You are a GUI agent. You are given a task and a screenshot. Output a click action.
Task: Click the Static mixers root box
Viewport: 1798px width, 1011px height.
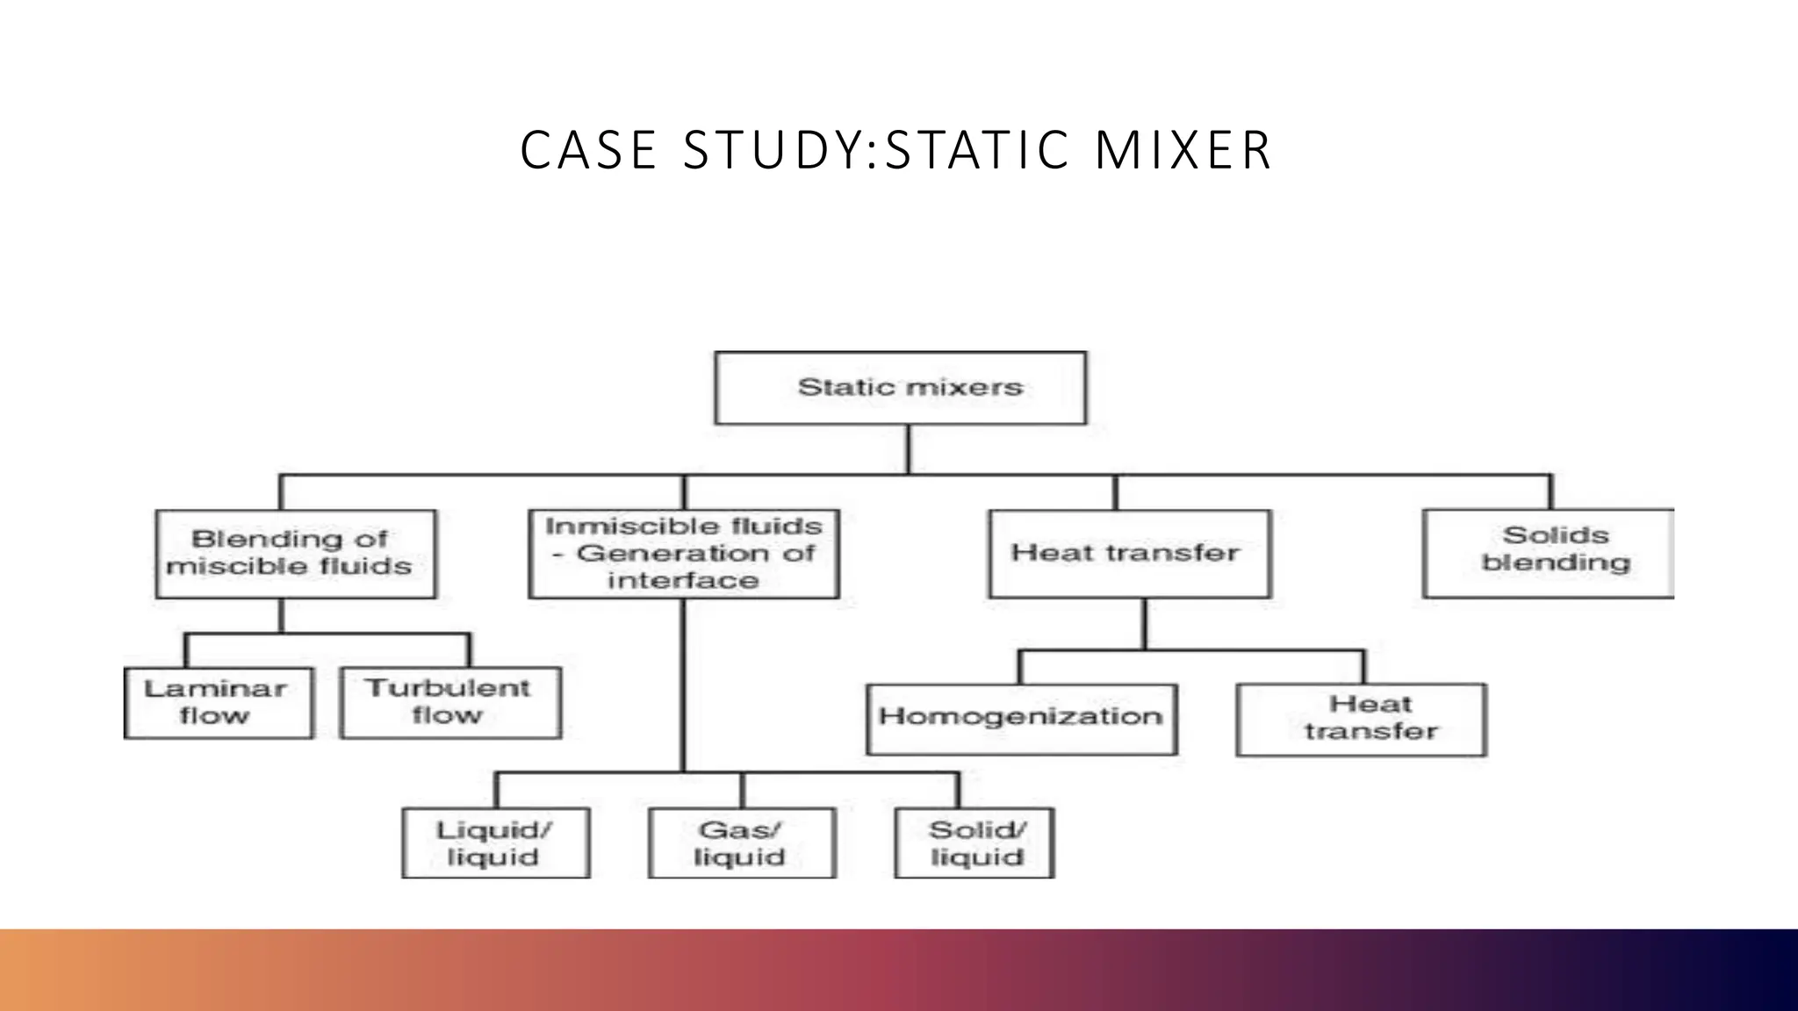pyautogui.click(x=900, y=388)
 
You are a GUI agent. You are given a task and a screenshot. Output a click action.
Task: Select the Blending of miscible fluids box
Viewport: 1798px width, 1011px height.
pyautogui.click(x=295, y=554)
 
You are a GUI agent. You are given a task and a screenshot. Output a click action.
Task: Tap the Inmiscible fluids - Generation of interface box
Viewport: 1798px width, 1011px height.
pyautogui.click(x=684, y=554)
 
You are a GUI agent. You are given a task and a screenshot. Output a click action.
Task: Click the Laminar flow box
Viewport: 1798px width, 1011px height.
pyautogui.click(x=218, y=703)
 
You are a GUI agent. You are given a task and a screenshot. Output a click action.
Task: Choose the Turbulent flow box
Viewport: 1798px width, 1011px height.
pyautogui.click(x=449, y=703)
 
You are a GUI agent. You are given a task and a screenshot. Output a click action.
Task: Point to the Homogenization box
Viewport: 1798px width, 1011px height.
pyautogui.click(x=1021, y=719)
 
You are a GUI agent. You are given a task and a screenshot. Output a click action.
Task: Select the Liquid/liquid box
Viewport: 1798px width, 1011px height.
pyautogui.click(x=495, y=842)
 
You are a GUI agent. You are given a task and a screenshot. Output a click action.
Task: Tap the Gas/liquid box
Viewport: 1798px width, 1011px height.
pyautogui.click(x=741, y=842)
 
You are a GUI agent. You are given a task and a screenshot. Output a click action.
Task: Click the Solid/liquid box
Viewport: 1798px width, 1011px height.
pyautogui.click(x=974, y=842)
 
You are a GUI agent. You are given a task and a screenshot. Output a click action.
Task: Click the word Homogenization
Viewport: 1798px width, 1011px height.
pyautogui.click(x=1021, y=716)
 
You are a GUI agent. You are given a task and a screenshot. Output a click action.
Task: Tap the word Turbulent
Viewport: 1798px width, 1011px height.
pyautogui.click(x=448, y=688)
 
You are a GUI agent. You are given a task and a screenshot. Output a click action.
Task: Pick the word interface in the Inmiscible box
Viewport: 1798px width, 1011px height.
pyautogui.click(x=683, y=580)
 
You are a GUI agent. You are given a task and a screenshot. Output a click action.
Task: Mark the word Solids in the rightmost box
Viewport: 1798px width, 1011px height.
pyautogui.click(x=1556, y=535)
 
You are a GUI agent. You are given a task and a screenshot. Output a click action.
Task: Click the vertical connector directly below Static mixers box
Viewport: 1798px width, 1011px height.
pyautogui.click(x=908, y=449)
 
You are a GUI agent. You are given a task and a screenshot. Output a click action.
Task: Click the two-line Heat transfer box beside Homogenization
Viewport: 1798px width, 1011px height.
pyautogui.click(x=1361, y=720)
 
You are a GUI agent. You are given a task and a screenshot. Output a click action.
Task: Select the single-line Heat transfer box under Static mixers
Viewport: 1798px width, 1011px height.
pyautogui.click(x=1129, y=554)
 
